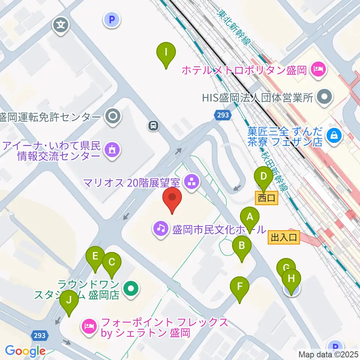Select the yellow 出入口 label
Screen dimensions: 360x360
[284, 237]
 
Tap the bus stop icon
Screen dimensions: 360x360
[153, 126]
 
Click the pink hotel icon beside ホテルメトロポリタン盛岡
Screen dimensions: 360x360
[318, 69]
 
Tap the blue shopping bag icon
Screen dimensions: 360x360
[334, 136]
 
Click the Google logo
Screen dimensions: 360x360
[25, 351]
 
